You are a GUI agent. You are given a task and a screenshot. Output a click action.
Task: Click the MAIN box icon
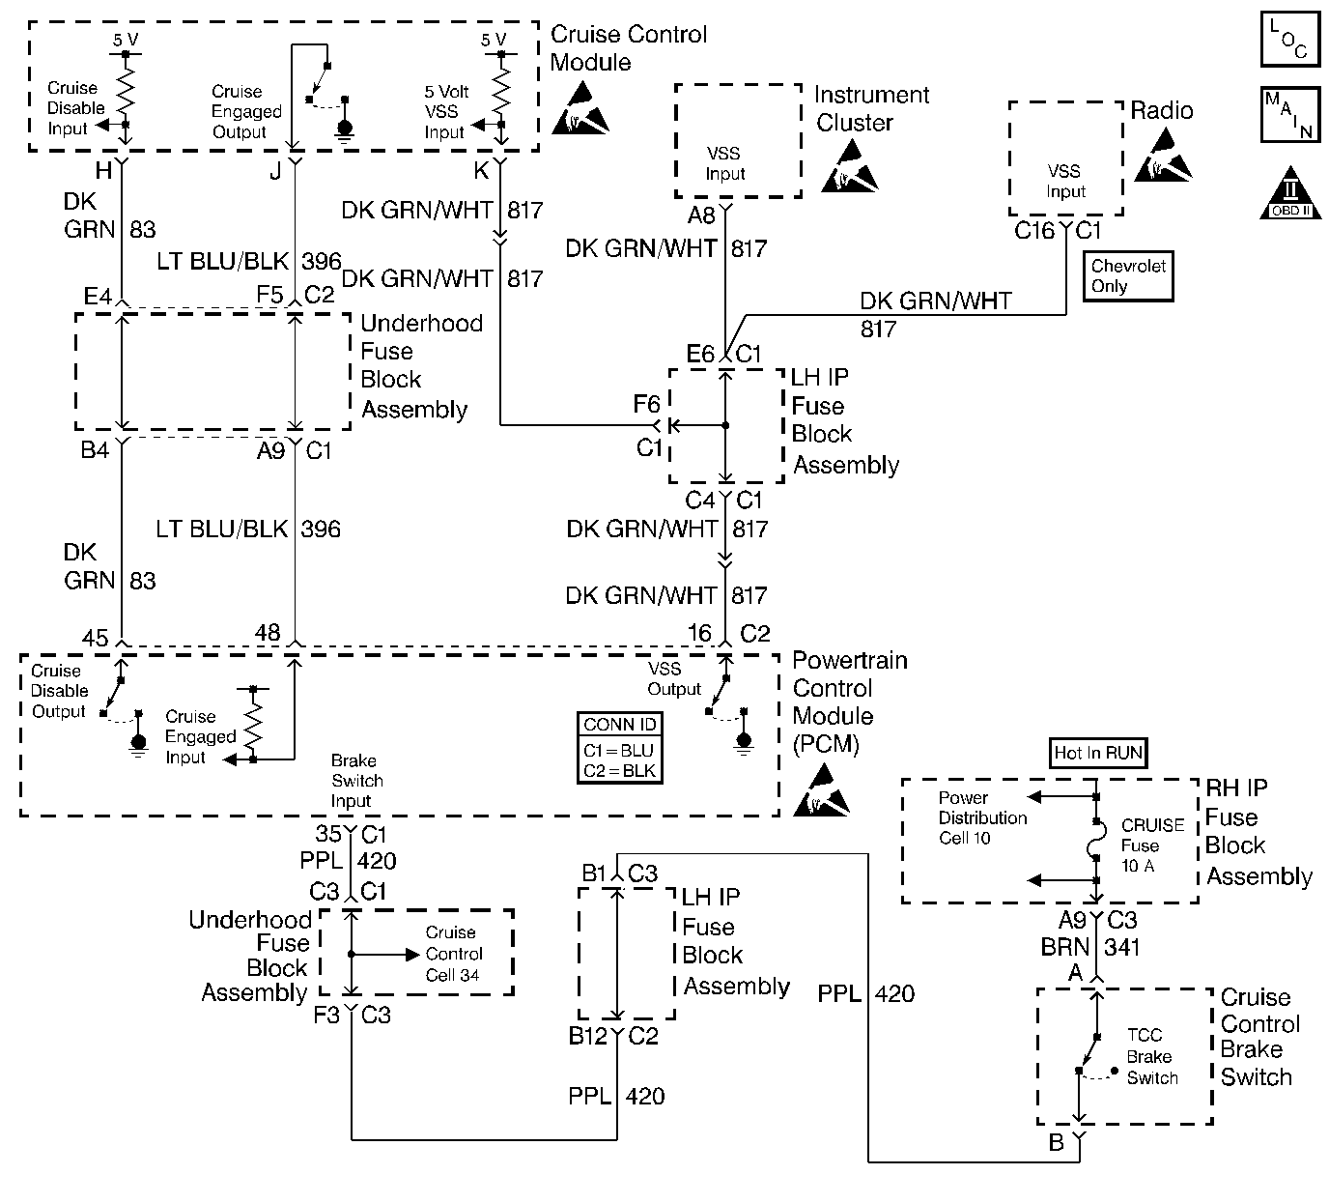click(x=1290, y=116)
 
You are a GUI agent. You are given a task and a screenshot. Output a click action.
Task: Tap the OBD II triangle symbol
click(x=1290, y=194)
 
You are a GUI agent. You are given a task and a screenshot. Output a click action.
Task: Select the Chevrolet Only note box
click(x=1128, y=276)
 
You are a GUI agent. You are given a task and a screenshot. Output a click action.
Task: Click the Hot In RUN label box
click(x=1098, y=753)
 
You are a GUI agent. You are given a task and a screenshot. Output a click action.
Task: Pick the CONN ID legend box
click(x=619, y=748)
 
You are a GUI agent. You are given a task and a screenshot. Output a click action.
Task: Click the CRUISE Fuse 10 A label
click(x=1152, y=845)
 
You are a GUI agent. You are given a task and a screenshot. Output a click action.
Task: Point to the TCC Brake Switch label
click(x=1151, y=1056)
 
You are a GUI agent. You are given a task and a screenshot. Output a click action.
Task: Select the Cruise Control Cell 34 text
click(x=452, y=954)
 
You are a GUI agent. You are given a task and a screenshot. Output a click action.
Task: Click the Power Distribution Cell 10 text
click(x=982, y=817)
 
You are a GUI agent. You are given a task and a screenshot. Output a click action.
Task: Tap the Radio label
click(x=1161, y=111)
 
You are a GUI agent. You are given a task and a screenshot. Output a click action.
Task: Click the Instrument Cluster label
click(x=870, y=109)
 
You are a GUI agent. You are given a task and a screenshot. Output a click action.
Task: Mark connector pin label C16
click(x=1034, y=231)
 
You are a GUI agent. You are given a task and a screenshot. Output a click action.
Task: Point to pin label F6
click(x=647, y=405)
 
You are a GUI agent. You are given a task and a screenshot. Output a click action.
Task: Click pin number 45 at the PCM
click(x=95, y=638)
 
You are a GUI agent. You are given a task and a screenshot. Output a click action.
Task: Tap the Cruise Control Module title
click(x=628, y=48)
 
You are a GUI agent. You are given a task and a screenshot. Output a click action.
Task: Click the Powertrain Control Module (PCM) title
click(x=849, y=702)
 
